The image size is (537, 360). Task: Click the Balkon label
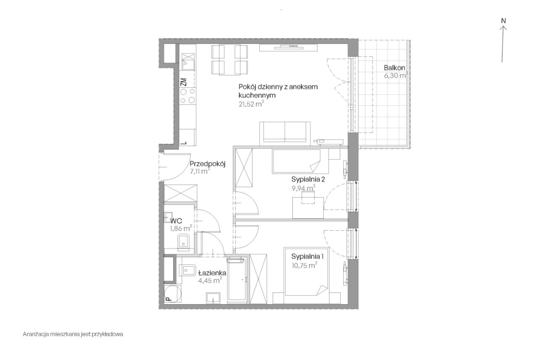(x=394, y=68)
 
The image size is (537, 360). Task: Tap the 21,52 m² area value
(x=251, y=104)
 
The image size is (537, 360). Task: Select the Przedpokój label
(x=208, y=164)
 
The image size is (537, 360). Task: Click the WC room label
(x=176, y=221)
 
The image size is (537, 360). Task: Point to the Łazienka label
(x=212, y=273)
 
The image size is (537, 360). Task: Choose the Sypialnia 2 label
(x=308, y=179)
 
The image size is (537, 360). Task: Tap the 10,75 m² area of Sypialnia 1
(x=305, y=265)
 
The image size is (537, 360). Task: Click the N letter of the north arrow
(x=503, y=21)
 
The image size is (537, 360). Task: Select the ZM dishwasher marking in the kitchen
(x=184, y=82)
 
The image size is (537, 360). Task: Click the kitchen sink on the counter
(x=188, y=62)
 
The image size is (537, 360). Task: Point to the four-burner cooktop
(x=188, y=96)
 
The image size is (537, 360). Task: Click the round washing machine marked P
(x=172, y=293)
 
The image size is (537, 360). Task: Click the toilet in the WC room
(x=184, y=243)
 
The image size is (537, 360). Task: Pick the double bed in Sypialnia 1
(x=306, y=275)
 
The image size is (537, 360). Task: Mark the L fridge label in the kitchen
(x=184, y=143)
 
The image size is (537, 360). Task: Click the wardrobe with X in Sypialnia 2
(x=244, y=167)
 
